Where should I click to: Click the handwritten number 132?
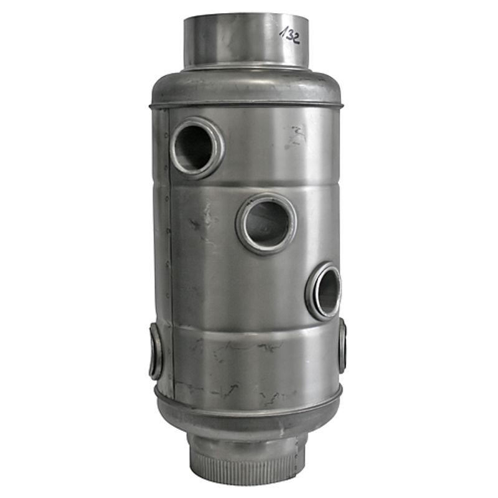[289, 34]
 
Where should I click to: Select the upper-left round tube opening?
[194, 148]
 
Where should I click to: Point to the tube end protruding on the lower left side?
[156, 352]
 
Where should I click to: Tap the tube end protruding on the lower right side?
[342, 345]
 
